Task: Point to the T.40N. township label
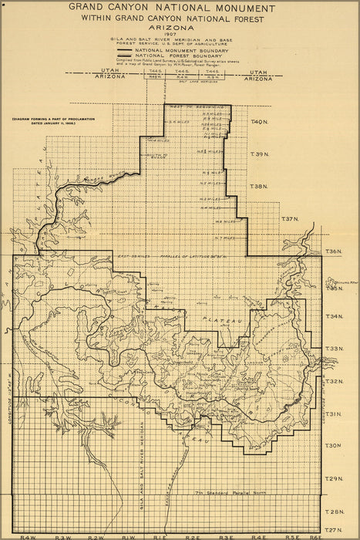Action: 259,122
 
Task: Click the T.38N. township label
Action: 259,186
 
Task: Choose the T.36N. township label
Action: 333,251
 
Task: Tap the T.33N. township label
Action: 333,349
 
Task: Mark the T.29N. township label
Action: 333,479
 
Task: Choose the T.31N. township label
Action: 333,414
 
